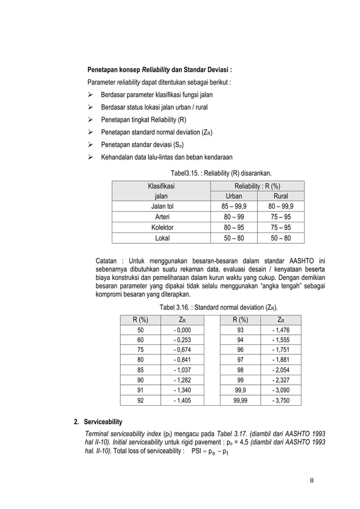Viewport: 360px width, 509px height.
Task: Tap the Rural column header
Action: point(280,196)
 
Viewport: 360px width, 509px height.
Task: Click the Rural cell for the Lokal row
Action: point(280,238)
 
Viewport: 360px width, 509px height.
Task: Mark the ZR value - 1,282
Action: point(182,380)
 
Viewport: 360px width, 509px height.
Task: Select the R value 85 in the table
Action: point(140,370)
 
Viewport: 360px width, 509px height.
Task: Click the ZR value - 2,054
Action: point(282,370)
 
